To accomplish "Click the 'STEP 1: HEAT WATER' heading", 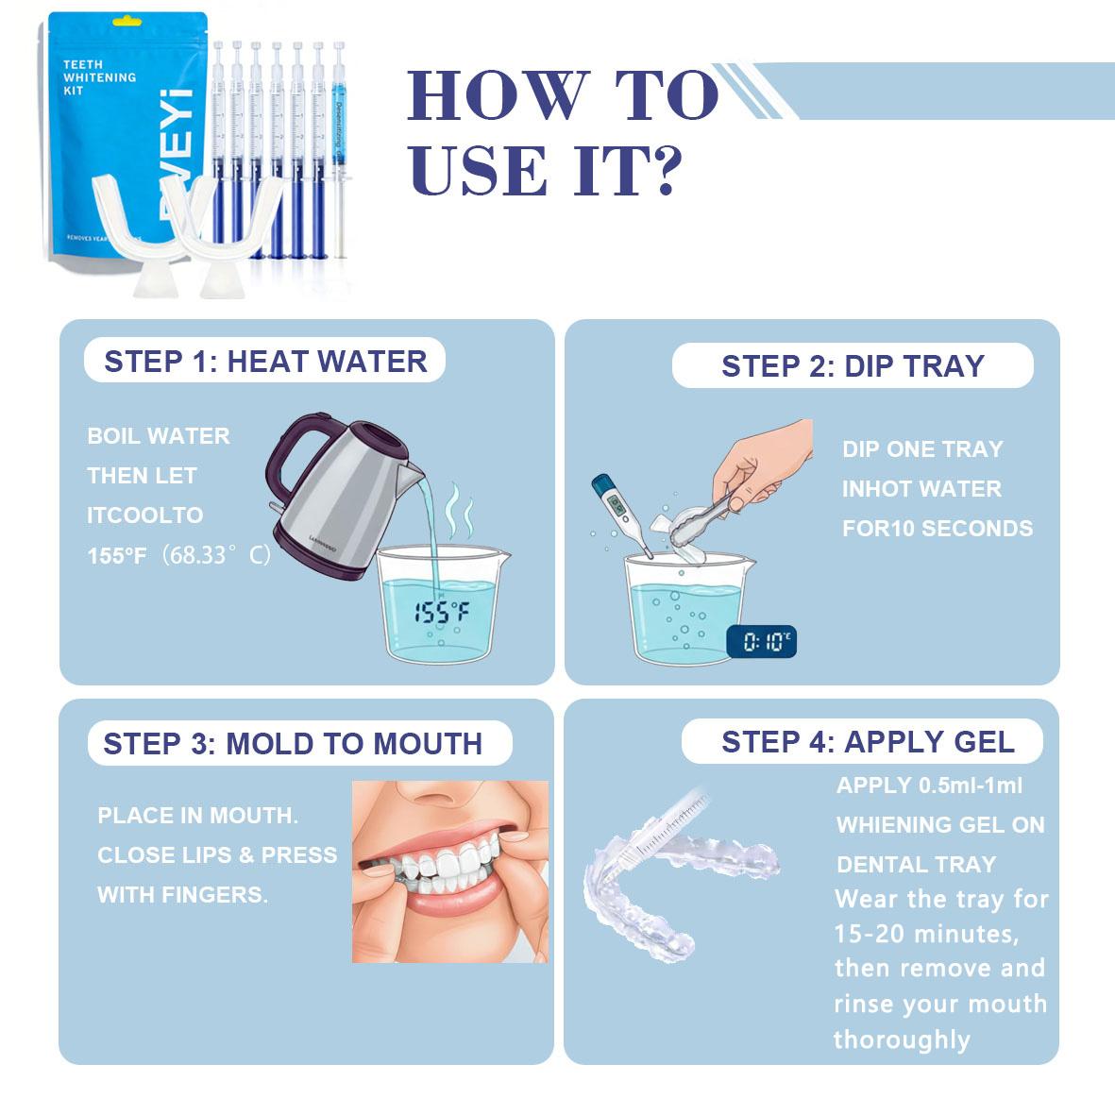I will (265, 362).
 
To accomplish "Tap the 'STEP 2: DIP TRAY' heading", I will (853, 366).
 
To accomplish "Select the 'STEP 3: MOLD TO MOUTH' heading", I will (293, 744).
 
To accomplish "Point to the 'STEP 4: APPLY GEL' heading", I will (867, 742).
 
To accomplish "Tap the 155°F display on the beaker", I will (442, 614).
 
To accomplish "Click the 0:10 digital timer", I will (760, 643).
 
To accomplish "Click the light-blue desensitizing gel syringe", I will (341, 142).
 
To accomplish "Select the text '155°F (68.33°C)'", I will (179, 555).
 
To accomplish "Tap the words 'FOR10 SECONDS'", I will (937, 529).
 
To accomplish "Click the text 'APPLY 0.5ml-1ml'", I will (929, 786).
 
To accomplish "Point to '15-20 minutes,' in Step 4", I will (925, 935).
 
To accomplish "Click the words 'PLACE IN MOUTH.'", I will (197, 816).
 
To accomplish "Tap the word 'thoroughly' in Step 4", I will (902, 1040).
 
